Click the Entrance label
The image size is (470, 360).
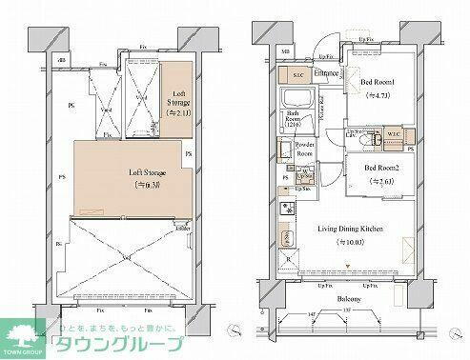[x=329, y=71]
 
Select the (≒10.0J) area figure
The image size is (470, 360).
[x=355, y=242]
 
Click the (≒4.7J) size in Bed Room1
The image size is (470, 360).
[x=380, y=95]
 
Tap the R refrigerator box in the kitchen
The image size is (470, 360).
[x=288, y=257]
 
